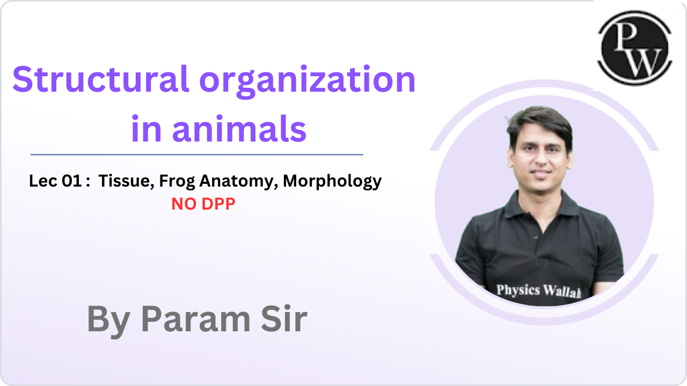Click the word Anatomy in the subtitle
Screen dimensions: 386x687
pos(238,182)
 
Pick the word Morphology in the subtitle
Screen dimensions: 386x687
pos(332,182)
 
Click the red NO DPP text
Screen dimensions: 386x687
pos(203,204)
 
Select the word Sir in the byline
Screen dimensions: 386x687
pos(285,320)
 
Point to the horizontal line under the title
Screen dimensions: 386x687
pos(196,154)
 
